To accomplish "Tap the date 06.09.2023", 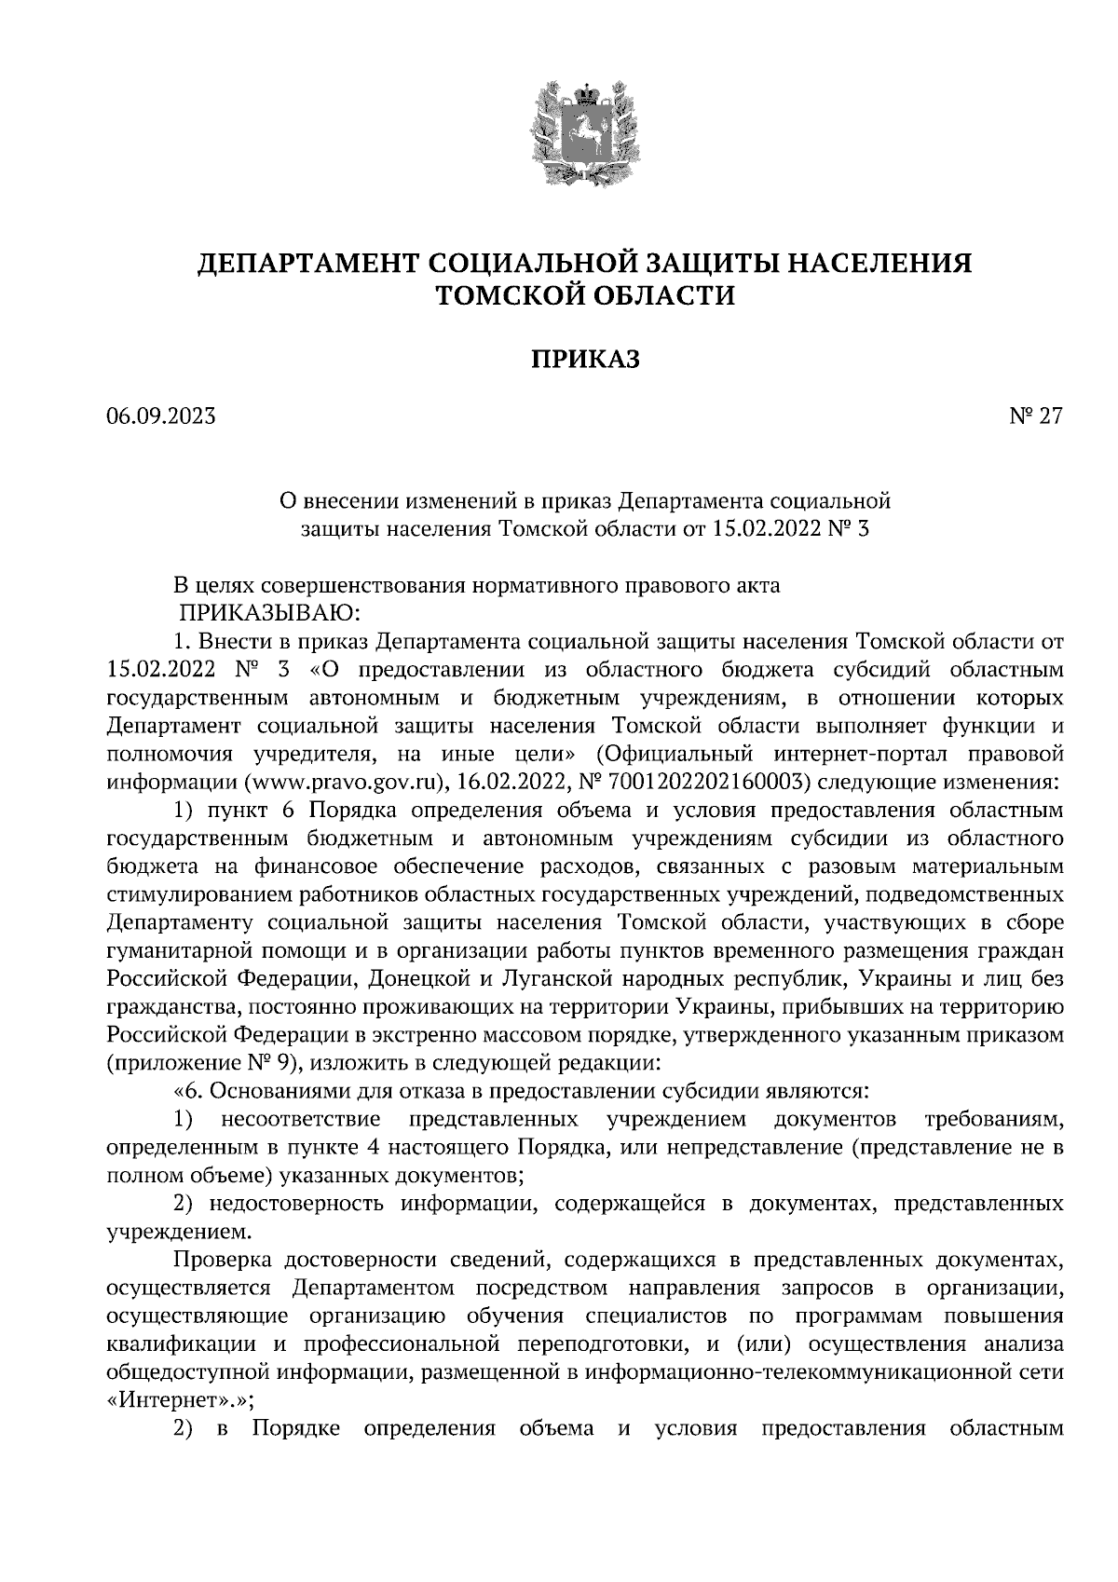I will point(161,416).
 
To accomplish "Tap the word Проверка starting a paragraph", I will point(222,1261).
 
